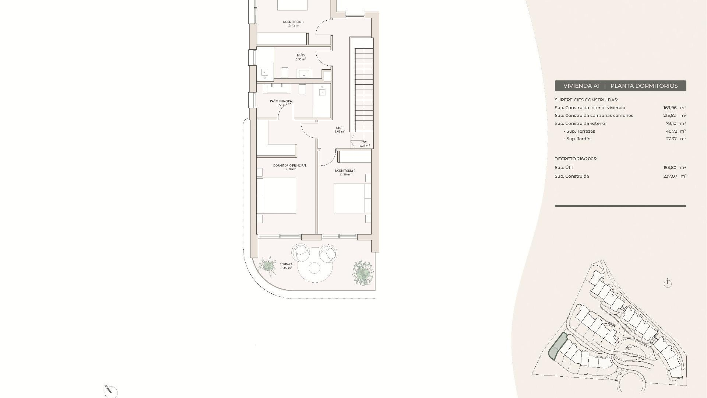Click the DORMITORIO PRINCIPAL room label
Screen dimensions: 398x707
pyautogui.click(x=289, y=165)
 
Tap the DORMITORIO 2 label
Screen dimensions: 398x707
pyautogui.click(x=345, y=171)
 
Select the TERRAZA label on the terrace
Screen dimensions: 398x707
pyautogui.click(x=286, y=264)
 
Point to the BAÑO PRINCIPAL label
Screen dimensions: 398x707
pyautogui.click(x=281, y=101)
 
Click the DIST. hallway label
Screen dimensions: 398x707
pyautogui.click(x=339, y=128)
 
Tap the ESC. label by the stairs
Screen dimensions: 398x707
pyautogui.click(x=364, y=142)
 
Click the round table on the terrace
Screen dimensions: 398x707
pyautogui.click(x=314, y=268)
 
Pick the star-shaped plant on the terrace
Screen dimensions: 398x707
pyautogui.click(x=267, y=265)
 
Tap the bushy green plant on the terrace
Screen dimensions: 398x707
pyautogui.click(x=362, y=273)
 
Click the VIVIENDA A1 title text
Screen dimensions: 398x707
pyautogui.click(x=581, y=86)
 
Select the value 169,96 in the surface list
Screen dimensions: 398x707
pyautogui.click(x=670, y=108)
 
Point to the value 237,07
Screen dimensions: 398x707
pyautogui.click(x=670, y=176)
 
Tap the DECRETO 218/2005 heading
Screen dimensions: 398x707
pyautogui.click(x=576, y=159)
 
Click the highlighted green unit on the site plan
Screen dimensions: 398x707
pyautogui.click(x=557, y=346)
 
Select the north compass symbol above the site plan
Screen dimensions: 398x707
pyautogui.click(x=668, y=283)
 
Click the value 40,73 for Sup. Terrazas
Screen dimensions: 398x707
pyautogui.click(x=671, y=131)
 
